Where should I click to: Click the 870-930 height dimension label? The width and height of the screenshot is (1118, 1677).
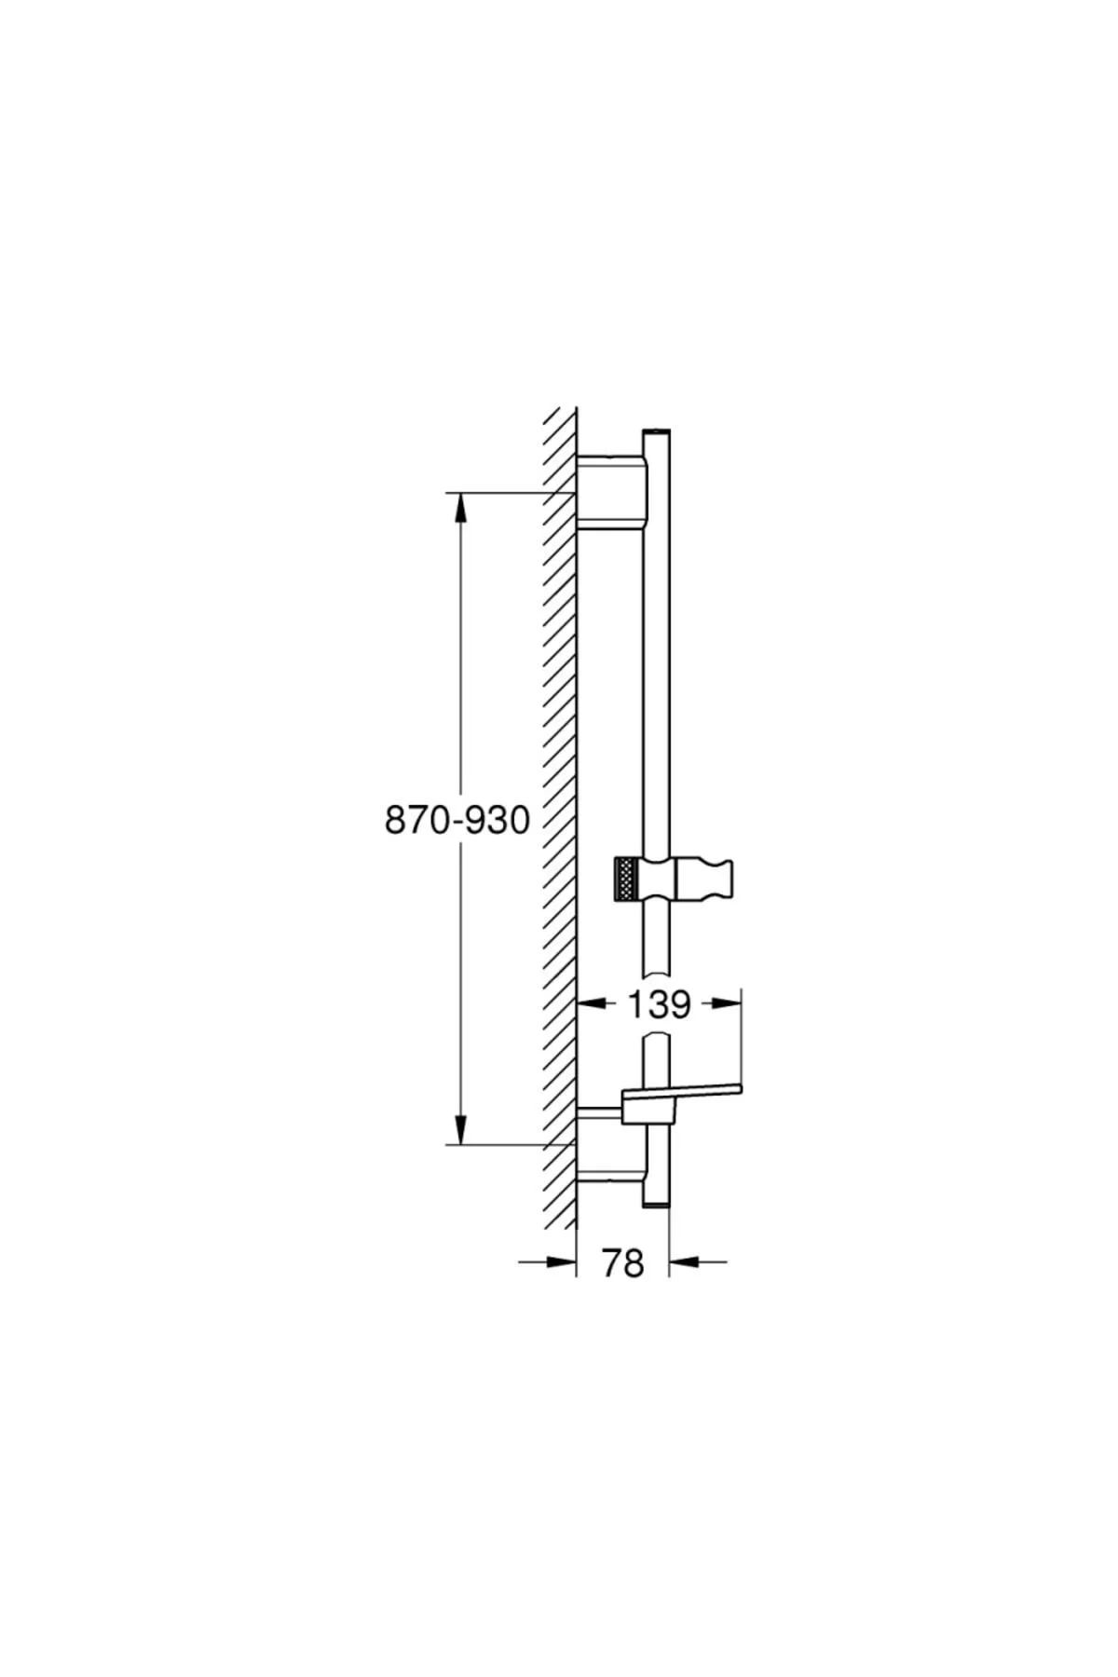coord(457,820)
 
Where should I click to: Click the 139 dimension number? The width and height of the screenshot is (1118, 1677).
coord(659,1004)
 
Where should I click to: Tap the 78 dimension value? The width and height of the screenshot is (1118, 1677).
coord(623,1262)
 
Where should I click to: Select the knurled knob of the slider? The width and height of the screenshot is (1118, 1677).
coord(624,879)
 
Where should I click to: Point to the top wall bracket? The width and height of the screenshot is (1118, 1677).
coord(609,492)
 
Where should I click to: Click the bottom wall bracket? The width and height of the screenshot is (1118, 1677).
coord(609,1144)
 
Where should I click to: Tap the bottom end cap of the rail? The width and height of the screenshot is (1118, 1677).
coord(656,1204)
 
